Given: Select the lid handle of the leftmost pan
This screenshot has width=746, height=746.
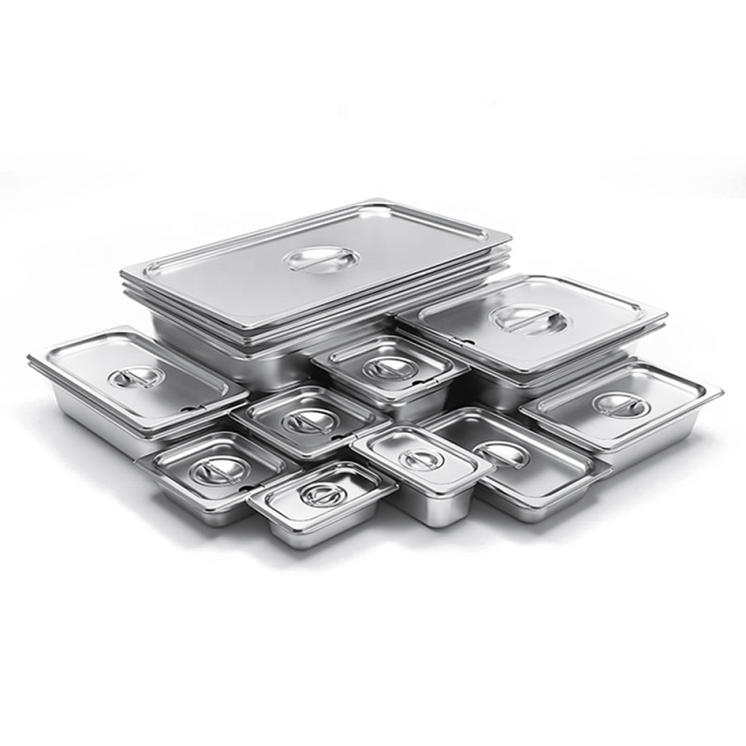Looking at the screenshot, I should pos(136,378).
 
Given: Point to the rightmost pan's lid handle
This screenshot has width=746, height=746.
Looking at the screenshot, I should pos(616,404).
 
